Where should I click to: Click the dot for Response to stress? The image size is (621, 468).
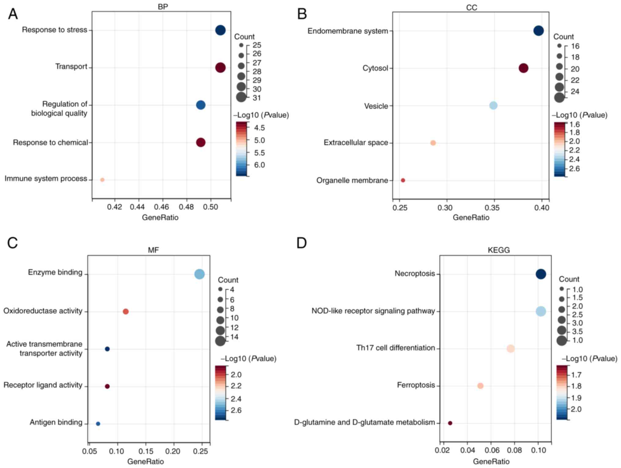(220, 30)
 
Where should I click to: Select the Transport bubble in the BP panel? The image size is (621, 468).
(220, 68)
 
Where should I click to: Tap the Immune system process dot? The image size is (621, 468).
(102, 180)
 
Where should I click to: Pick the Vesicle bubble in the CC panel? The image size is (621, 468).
(493, 105)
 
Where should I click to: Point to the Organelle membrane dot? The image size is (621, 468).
(403, 180)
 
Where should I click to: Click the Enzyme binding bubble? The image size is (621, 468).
(199, 274)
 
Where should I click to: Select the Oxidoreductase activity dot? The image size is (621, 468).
(126, 312)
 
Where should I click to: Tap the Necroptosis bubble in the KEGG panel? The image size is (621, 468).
(541, 274)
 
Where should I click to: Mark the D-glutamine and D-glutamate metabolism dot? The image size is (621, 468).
(450, 423)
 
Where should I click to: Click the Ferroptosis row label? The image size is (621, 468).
(416, 385)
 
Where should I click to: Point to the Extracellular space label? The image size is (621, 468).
(356, 143)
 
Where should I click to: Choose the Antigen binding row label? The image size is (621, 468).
(56, 422)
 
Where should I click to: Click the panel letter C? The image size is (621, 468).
(12, 243)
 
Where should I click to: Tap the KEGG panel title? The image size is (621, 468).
(498, 250)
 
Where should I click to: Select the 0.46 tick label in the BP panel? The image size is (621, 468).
(161, 207)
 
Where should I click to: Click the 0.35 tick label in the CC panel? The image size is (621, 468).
(492, 208)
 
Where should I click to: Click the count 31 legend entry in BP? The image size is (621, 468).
(257, 98)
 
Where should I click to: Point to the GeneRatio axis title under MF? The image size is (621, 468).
(145, 461)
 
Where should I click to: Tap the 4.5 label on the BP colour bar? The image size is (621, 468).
(259, 128)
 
